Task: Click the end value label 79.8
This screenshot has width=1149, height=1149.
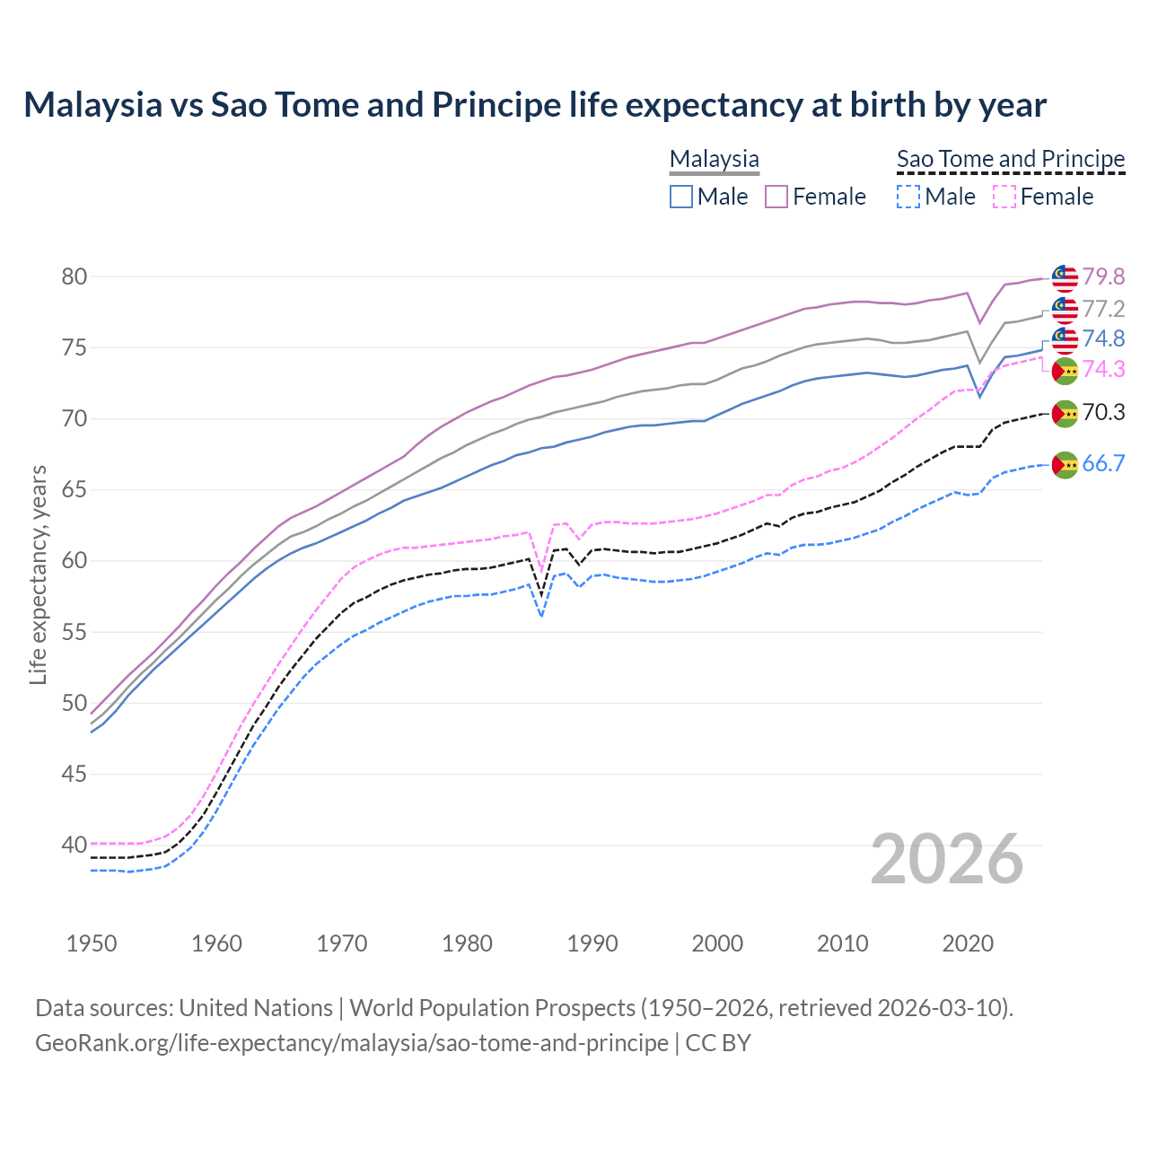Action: pyautogui.click(x=1102, y=277)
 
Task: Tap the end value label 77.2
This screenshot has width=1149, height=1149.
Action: pyautogui.click(x=1102, y=310)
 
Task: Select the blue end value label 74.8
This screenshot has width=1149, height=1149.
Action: pyautogui.click(x=1102, y=338)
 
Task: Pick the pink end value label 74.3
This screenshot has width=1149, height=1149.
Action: pyautogui.click(x=1102, y=369)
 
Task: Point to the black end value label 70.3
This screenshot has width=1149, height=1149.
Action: pyautogui.click(x=1102, y=413)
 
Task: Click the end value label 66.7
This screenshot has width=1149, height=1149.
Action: pyautogui.click(x=1102, y=464)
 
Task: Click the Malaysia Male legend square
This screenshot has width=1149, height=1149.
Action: pyautogui.click(x=681, y=197)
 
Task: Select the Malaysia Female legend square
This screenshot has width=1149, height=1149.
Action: pyautogui.click(x=776, y=197)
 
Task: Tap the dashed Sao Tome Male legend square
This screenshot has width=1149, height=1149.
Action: pyautogui.click(x=908, y=197)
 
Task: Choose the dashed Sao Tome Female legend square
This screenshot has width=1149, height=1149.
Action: pyautogui.click(x=1004, y=197)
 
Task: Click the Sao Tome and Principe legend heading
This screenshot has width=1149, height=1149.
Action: pyautogui.click(x=1011, y=159)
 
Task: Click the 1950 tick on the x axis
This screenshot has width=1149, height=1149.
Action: pyautogui.click(x=92, y=943)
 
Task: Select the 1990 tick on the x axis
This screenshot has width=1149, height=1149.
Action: pyautogui.click(x=592, y=943)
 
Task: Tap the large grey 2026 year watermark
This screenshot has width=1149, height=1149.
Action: pyautogui.click(x=946, y=859)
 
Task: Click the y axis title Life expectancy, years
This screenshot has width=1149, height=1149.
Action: pyautogui.click(x=38, y=574)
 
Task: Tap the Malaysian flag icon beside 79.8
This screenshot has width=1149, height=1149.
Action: pyautogui.click(x=1065, y=278)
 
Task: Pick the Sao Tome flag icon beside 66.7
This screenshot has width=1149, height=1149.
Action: pyautogui.click(x=1065, y=465)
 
